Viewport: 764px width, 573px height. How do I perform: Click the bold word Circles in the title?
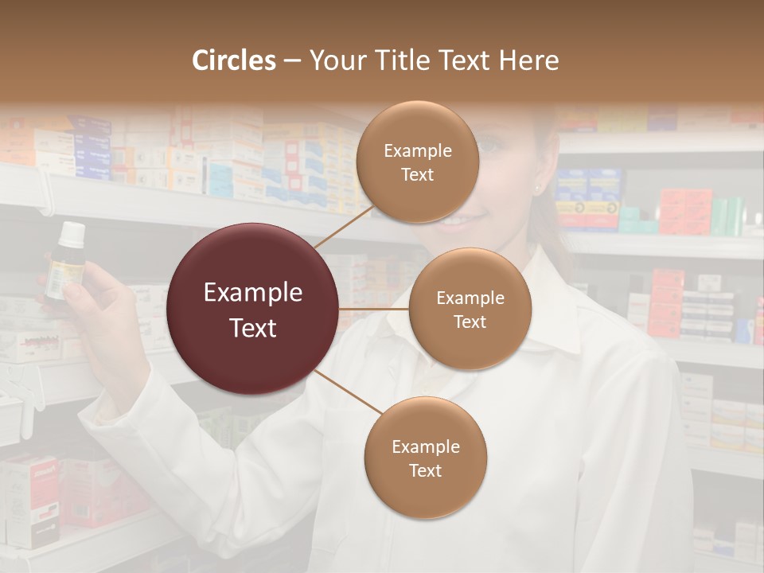tap(234, 60)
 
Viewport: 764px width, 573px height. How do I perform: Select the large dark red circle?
tap(253, 309)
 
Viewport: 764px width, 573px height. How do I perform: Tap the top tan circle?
tap(417, 162)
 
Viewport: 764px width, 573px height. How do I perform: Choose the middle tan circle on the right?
tap(470, 309)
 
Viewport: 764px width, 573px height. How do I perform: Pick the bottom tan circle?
tap(425, 458)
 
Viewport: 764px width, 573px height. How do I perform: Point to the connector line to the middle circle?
tap(374, 308)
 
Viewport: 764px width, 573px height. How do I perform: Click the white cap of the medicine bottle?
tap(72, 233)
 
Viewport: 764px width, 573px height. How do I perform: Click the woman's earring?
tap(536, 189)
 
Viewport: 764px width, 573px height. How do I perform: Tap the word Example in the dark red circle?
tap(253, 293)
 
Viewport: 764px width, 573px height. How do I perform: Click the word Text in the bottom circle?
tap(425, 470)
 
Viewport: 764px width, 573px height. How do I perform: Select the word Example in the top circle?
tap(417, 150)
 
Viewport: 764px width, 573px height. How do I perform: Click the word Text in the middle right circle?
tap(470, 322)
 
